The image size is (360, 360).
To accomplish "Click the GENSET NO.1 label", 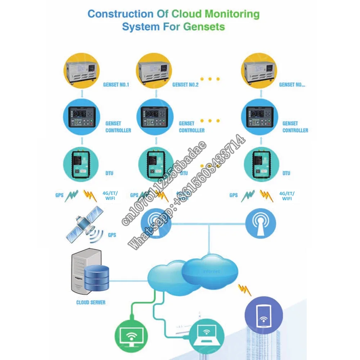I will [x=117, y=85].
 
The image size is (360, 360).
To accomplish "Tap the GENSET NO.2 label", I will [x=185, y=85].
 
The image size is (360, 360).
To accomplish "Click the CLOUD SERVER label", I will [x=91, y=302].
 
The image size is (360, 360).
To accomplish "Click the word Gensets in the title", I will [x=204, y=27].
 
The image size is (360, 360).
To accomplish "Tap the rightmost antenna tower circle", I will [x=261, y=224].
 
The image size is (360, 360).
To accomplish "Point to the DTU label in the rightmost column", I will [x=286, y=173].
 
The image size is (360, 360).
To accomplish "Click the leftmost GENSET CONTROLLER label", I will [x=118, y=127].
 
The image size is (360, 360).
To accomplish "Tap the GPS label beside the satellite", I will [x=112, y=235].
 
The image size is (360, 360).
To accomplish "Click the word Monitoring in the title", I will [x=232, y=14].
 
